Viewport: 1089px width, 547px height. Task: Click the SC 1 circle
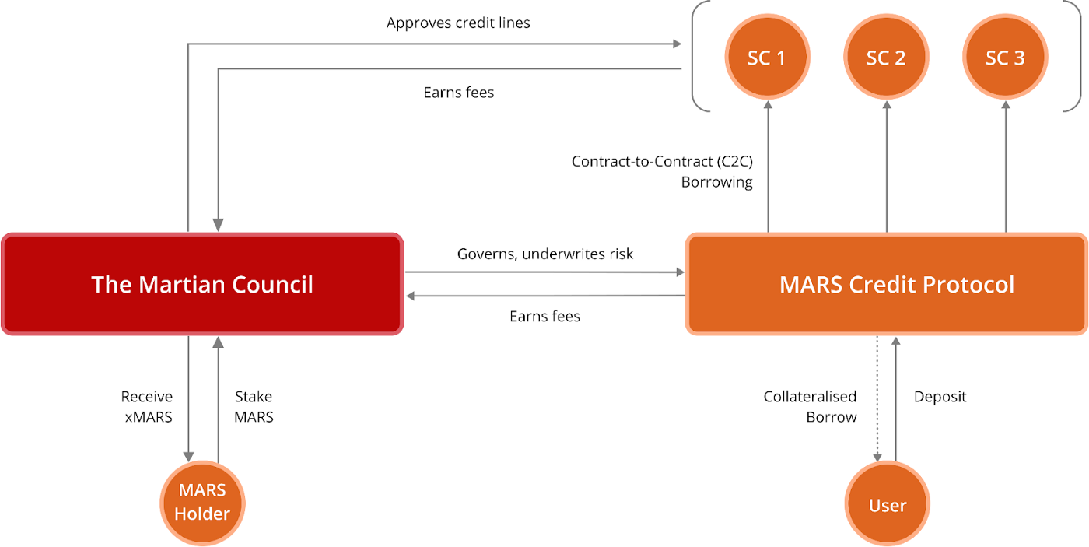pyautogui.click(x=766, y=58)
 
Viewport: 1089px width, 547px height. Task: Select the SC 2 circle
pyautogui.click(x=886, y=58)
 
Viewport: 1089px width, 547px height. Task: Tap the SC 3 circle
pyautogui.click(x=1005, y=58)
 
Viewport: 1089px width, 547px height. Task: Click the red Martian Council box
pyautogui.click(x=202, y=284)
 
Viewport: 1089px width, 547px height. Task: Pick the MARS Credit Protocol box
pyautogui.click(x=887, y=284)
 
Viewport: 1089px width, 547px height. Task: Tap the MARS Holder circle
pyautogui.click(x=202, y=502)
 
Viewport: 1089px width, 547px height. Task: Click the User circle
pyautogui.click(x=888, y=505)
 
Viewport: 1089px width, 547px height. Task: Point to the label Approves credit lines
pyautogui.click(x=458, y=23)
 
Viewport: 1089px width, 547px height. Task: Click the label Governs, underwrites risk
pyautogui.click(x=544, y=254)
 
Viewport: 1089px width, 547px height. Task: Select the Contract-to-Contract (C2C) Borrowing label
pyautogui.click(x=662, y=172)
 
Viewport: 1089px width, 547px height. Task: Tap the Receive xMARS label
pyautogui.click(x=147, y=407)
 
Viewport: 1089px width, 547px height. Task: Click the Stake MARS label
pyautogui.click(x=254, y=407)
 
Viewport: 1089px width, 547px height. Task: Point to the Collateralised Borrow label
pyautogui.click(x=810, y=407)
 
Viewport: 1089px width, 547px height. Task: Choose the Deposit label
pyautogui.click(x=940, y=397)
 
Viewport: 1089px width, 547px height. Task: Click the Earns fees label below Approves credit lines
pyautogui.click(x=458, y=93)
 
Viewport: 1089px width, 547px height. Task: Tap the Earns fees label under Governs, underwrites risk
pyautogui.click(x=544, y=316)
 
